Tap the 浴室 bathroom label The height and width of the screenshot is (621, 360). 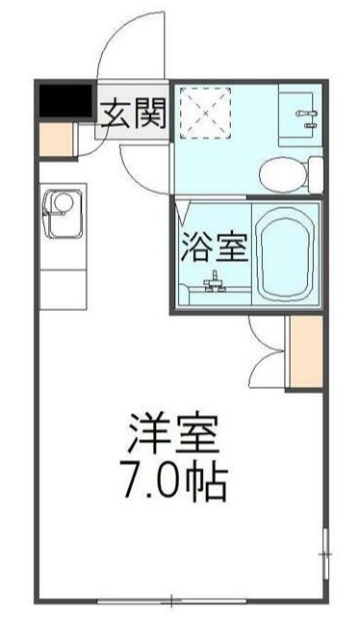tap(215, 248)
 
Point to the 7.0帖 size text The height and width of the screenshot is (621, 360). tap(177, 481)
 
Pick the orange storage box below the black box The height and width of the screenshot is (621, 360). tap(58, 139)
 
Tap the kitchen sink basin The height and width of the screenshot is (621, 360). tap(62, 208)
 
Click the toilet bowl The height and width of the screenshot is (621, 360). tap(282, 172)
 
